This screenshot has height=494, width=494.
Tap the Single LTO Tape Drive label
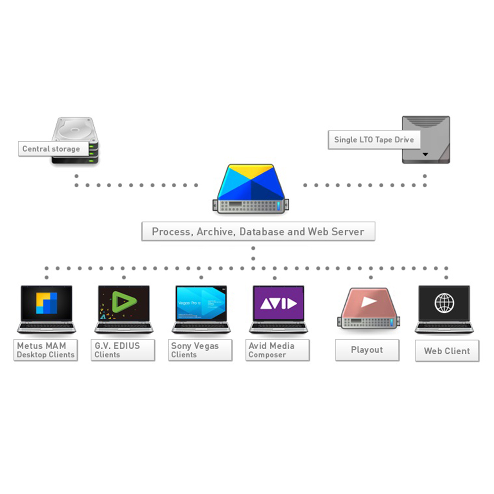(374, 139)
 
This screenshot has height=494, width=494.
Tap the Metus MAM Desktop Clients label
(45, 350)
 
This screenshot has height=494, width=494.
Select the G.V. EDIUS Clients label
(123, 350)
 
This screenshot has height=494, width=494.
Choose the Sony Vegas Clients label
(200, 350)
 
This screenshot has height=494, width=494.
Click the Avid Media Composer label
(277, 350)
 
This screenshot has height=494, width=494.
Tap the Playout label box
(367, 350)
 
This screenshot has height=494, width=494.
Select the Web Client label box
(447, 351)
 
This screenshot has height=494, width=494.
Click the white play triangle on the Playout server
(368, 301)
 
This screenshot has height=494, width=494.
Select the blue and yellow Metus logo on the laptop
(46, 303)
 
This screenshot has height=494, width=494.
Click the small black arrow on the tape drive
(425, 154)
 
